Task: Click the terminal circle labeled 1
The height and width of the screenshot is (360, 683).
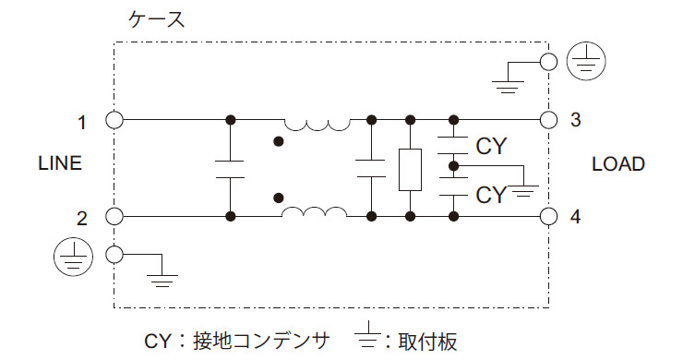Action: (x=114, y=120)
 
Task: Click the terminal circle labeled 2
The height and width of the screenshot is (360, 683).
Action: (x=114, y=217)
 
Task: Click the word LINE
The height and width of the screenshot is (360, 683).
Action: (x=60, y=164)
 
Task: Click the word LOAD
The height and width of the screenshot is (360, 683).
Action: (x=617, y=164)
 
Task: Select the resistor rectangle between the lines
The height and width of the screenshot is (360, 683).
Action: (x=409, y=169)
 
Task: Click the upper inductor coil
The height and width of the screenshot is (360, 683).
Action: (x=316, y=123)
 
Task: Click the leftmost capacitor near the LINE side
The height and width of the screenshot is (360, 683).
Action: (x=229, y=168)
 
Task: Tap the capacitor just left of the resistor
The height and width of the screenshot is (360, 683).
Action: (x=370, y=168)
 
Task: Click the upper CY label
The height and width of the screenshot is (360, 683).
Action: (x=491, y=145)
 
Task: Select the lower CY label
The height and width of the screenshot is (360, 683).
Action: (x=491, y=195)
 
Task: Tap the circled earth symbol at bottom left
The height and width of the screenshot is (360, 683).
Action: (x=74, y=254)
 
